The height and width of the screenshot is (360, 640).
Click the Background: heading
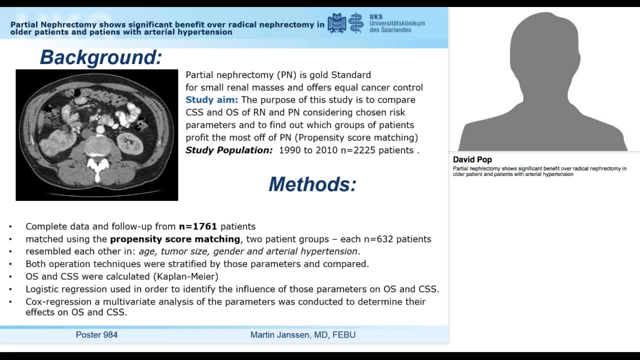pos(101,58)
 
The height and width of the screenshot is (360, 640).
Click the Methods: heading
pos(312,184)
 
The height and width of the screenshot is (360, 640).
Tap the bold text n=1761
pos(198,226)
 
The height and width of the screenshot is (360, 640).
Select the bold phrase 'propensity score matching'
pos(175,239)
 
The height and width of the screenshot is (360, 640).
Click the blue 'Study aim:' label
pos(212,100)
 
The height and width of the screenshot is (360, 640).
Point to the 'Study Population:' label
pos(229,150)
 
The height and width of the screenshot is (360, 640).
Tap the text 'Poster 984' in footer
pos(96,335)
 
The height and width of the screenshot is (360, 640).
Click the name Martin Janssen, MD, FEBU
pos(303,335)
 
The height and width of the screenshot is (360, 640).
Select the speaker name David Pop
pos(472,160)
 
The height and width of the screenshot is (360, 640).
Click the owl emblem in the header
pos(337,23)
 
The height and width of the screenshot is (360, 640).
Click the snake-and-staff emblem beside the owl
pos(356,23)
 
